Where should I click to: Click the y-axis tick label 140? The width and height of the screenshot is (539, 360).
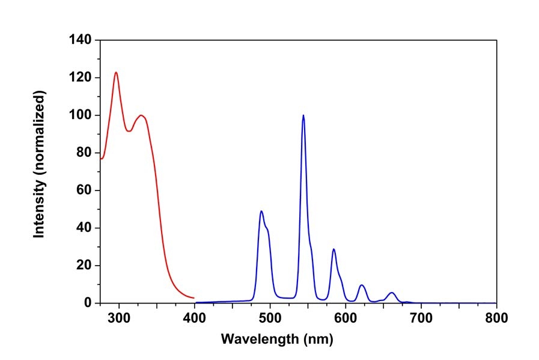(x=80, y=40)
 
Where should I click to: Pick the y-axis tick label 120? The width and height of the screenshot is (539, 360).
(x=80, y=78)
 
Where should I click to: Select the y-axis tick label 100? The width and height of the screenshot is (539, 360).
(x=80, y=115)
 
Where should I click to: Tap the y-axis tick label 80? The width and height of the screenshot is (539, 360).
(x=84, y=153)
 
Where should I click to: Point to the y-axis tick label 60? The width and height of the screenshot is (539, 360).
(x=84, y=191)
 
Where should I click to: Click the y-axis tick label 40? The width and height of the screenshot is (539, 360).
(x=84, y=228)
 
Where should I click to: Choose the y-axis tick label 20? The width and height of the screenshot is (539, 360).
(x=84, y=266)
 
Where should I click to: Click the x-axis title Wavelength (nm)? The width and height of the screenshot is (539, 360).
(x=276, y=339)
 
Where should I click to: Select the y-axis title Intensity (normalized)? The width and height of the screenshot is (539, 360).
(x=40, y=165)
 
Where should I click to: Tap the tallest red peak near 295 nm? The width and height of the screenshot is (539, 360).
(x=116, y=73)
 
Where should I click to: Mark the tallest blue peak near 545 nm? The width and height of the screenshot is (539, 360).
(x=303, y=115)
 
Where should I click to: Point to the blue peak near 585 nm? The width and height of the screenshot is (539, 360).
(x=333, y=249)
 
